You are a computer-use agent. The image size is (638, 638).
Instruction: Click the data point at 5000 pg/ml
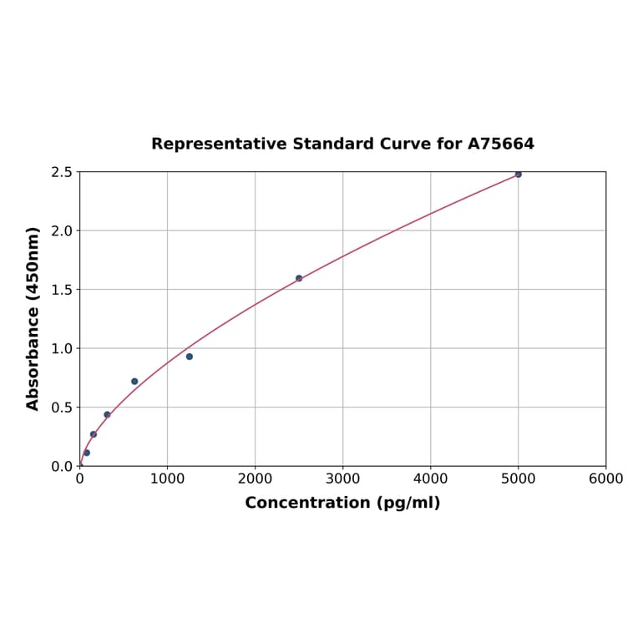(x=518, y=174)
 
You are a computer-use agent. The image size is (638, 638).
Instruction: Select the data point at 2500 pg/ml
(x=299, y=278)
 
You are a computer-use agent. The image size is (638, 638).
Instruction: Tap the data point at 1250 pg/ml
(x=190, y=357)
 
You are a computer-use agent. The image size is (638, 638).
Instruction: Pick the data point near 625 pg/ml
(x=134, y=382)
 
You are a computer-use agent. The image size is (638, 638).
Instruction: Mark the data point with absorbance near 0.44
(x=107, y=414)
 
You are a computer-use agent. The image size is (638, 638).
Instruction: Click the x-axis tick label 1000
(x=167, y=478)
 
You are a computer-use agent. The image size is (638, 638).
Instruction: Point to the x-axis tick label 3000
(x=342, y=478)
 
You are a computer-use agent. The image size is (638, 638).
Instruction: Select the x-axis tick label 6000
(x=605, y=478)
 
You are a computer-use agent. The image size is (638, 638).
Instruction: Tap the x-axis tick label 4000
(x=430, y=478)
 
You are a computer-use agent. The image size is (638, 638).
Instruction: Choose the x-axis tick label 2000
(x=255, y=478)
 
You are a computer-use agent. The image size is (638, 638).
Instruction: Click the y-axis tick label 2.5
(x=63, y=172)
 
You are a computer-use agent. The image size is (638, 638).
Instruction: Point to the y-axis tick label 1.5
(x=63, y=290)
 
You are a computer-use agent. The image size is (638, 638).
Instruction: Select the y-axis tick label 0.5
(x=63, y=408)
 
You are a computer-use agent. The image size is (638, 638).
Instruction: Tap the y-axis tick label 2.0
(x=63, y=230)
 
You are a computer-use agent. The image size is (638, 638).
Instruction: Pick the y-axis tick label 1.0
(x=63, y=348)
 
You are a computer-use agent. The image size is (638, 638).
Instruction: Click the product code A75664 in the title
(x=500, y=144)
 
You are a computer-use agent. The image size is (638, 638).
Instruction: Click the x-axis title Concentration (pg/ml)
(x=342, y=503)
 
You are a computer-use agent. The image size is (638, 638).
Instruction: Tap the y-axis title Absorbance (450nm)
(x=33, y=318)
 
